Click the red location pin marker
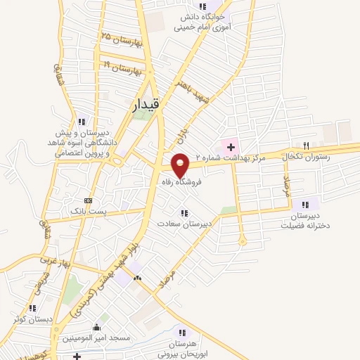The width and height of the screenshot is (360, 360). (x=181, y=165)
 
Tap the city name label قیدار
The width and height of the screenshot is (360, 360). (x=146, y=105)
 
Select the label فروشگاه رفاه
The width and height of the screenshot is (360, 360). (x=181, y=181)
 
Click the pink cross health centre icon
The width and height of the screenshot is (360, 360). (x=230, y=146)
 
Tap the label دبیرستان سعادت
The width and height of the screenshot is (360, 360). (x=184, y=224)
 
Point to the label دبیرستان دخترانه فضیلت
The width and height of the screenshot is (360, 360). (x=305, y=221)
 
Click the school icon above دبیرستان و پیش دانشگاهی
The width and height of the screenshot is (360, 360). (x=82, y=121)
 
